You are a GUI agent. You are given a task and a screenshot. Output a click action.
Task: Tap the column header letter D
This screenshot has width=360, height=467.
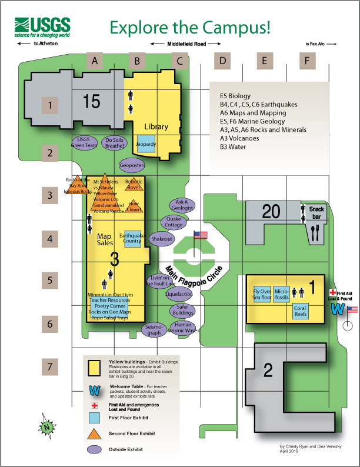(222, 60)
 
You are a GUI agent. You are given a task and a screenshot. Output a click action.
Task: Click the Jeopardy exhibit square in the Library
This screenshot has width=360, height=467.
(146, 144)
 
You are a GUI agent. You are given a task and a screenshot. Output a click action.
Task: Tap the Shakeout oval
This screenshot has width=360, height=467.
(161, 239)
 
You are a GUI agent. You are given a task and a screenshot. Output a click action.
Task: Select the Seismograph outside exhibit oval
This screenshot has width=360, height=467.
(154, 330)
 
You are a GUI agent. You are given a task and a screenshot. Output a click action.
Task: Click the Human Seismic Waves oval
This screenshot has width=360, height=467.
(184, 327)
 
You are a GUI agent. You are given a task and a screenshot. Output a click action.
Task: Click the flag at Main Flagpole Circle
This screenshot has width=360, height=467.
(201, 236)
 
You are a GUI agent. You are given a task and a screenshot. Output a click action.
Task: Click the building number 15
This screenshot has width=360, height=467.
(91, 102)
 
